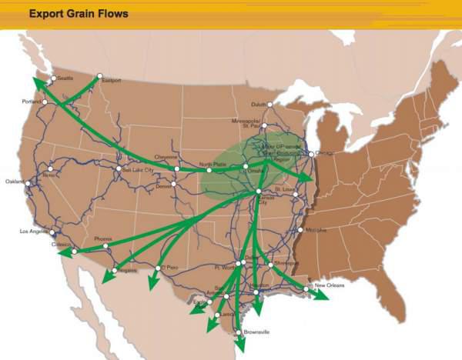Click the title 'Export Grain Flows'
tap(77, 14)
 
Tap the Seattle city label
tap(65, 78)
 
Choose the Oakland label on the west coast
tap(15, 182)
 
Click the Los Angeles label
tap(35, 231)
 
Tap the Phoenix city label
tap(103, 238)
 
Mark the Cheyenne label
tap(166, 157)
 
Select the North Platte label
tap(213, 165)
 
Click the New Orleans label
tap(330, 285)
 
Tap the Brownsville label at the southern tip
tap(256, 332)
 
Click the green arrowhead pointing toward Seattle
tap(37, 82)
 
